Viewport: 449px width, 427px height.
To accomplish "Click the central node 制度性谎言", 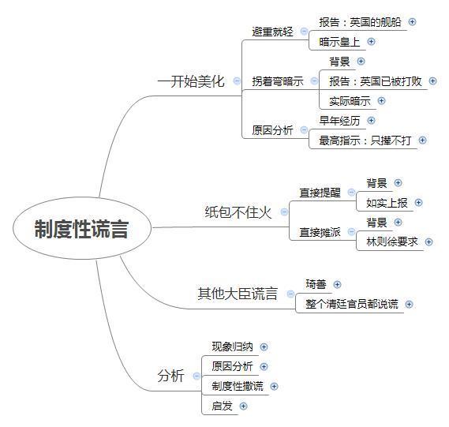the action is tap(81, 229).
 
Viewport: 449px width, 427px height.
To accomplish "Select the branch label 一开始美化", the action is tap(191, 81).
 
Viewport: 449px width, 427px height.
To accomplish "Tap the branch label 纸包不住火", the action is tap(238, 212).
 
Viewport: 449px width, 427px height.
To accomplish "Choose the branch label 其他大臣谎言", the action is tap(238, 294).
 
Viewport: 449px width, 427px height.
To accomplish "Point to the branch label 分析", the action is tap(170, 376).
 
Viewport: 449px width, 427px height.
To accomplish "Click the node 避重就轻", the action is tap(272, 32).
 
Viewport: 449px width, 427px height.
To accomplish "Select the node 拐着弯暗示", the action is tap(278, 81).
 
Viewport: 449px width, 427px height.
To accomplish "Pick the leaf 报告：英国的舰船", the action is tap(360, 22).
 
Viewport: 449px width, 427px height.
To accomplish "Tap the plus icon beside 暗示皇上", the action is tap(371, 42).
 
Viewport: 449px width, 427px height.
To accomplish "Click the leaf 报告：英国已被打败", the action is tap(376, 81).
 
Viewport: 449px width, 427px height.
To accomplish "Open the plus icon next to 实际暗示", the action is tap(381, 101).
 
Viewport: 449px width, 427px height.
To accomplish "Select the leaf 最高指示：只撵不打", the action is tap(365, 140).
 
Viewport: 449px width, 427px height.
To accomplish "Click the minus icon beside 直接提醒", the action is tap(351, 192).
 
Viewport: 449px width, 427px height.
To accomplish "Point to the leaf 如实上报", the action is tap(387, 203).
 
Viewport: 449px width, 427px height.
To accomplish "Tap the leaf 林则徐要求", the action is tap(392, 242).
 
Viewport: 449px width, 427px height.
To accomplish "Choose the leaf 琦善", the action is tap(316, 284).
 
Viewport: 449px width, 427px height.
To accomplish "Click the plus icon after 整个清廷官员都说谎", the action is tap(410, 304).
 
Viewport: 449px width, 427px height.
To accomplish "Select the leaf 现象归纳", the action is tap(232, 346).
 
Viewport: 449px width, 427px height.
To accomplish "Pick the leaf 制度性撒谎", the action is tap(238, 386).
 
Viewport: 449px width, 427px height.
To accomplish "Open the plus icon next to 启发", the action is tap(243, 406).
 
